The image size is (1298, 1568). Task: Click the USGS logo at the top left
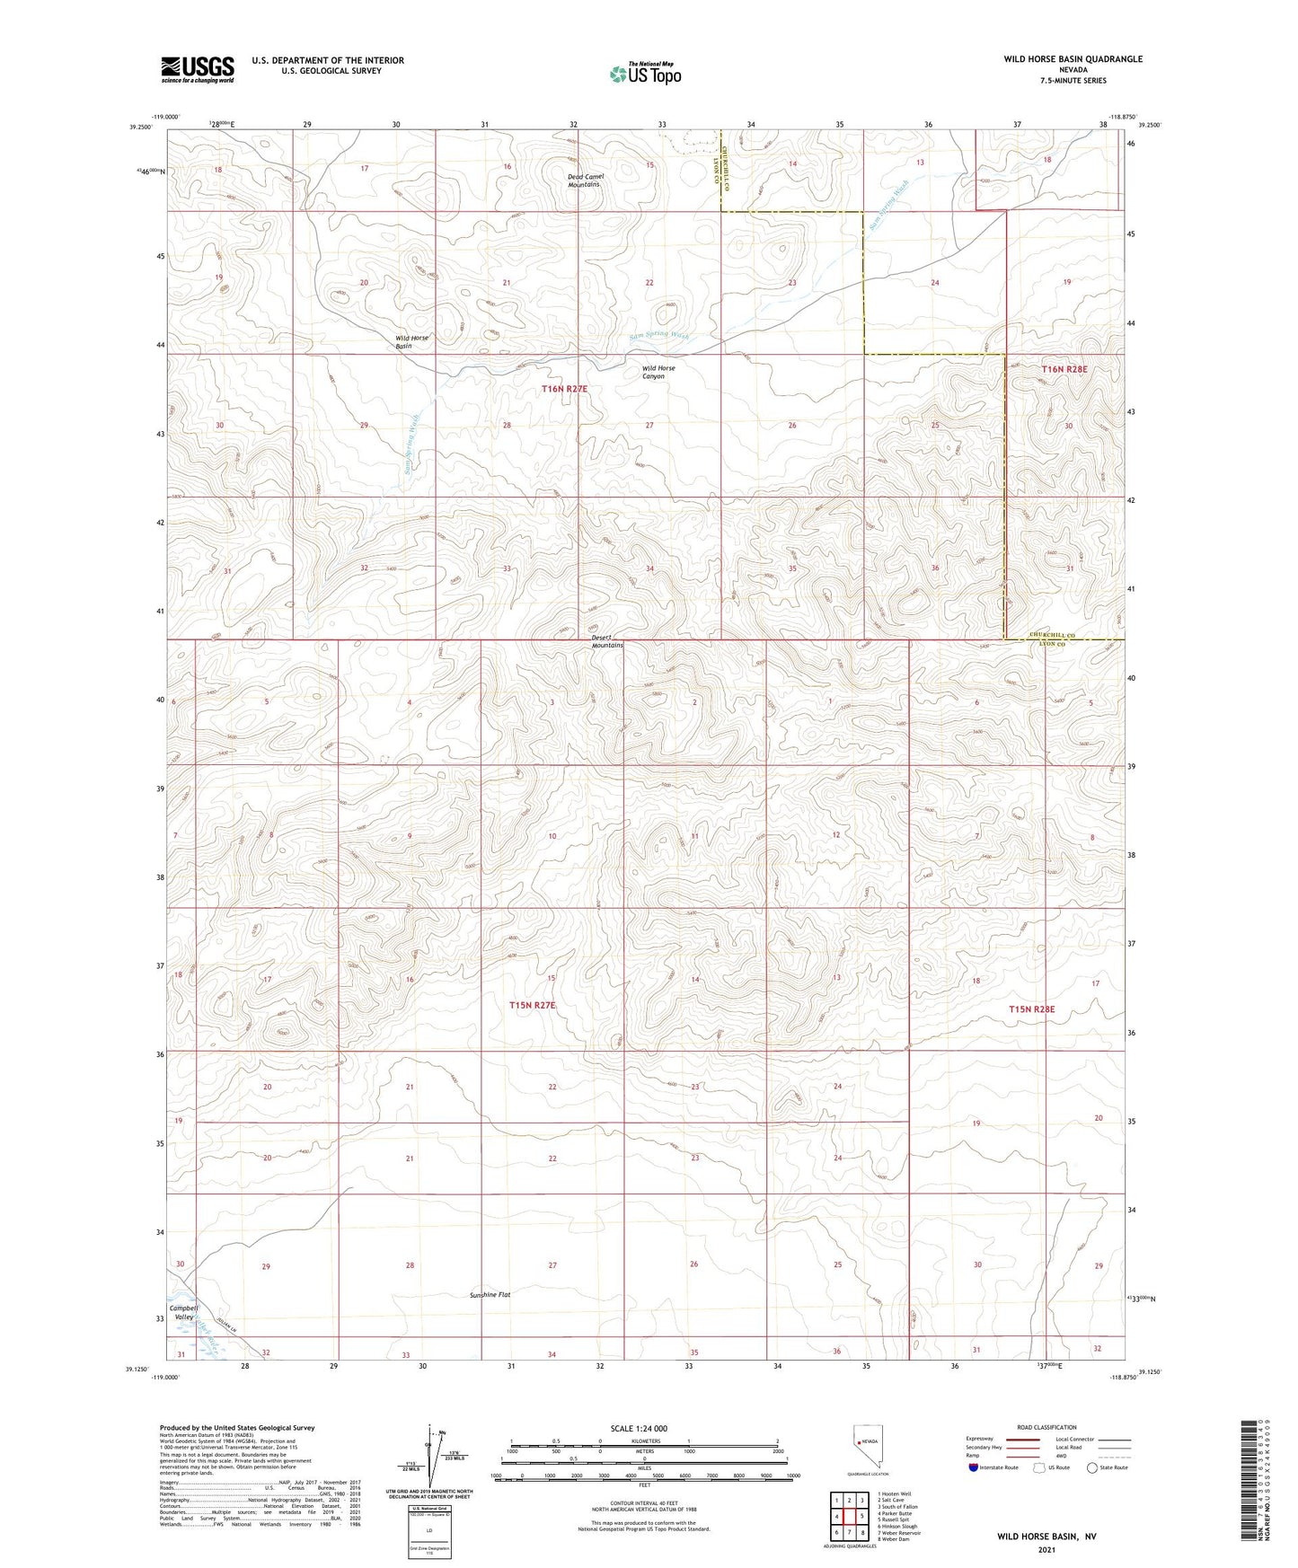(x=198, y=69)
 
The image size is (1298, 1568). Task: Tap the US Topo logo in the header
(x=645, y=74)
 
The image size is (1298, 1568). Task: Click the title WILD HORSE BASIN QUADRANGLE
(x=1073, y=59)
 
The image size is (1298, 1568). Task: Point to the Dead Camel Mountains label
(x=586, y=181)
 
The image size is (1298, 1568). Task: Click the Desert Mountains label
(x=607, y=641)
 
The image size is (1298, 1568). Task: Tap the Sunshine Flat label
(x=490, y=1294)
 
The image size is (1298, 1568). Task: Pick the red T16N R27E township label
(x=564, y=389)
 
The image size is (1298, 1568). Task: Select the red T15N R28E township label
(x=1031, y=1009)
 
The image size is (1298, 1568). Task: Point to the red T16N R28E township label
(x=1064, y=369)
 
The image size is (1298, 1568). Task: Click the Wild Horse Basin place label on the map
(x=411, y=342)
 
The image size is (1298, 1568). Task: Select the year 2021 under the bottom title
(x=1046, y=1549)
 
